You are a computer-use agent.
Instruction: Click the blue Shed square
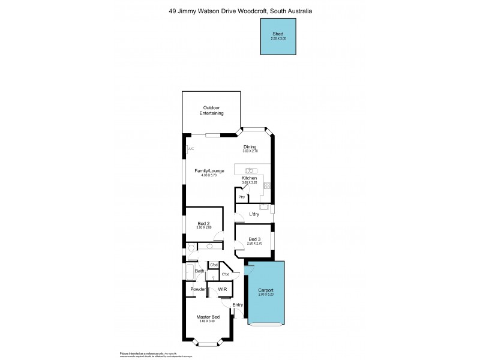pos(278,37)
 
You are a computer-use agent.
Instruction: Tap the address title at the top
pos(239,11)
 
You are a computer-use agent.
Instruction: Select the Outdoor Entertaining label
pos(212,110)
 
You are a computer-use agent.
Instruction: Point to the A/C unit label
pos(190,149)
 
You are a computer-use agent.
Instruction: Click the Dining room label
pos(250,147)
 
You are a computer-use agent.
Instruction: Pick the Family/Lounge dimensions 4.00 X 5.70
pos(209,175)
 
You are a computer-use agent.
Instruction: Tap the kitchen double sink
pos(250,170)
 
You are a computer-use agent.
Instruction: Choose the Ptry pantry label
pos(241,197)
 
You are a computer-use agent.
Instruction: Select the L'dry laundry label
pos(254,214)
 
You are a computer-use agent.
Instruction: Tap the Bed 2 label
pos(204,223)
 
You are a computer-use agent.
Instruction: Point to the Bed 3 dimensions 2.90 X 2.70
pos(254,244)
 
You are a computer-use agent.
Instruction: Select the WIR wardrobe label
pos(222,289)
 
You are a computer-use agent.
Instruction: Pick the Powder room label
pos(198,289)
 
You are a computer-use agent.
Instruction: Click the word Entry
pos(237,305)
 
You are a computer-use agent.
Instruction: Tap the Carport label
pos(265,290)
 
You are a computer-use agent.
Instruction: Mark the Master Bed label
pos(208,317)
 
